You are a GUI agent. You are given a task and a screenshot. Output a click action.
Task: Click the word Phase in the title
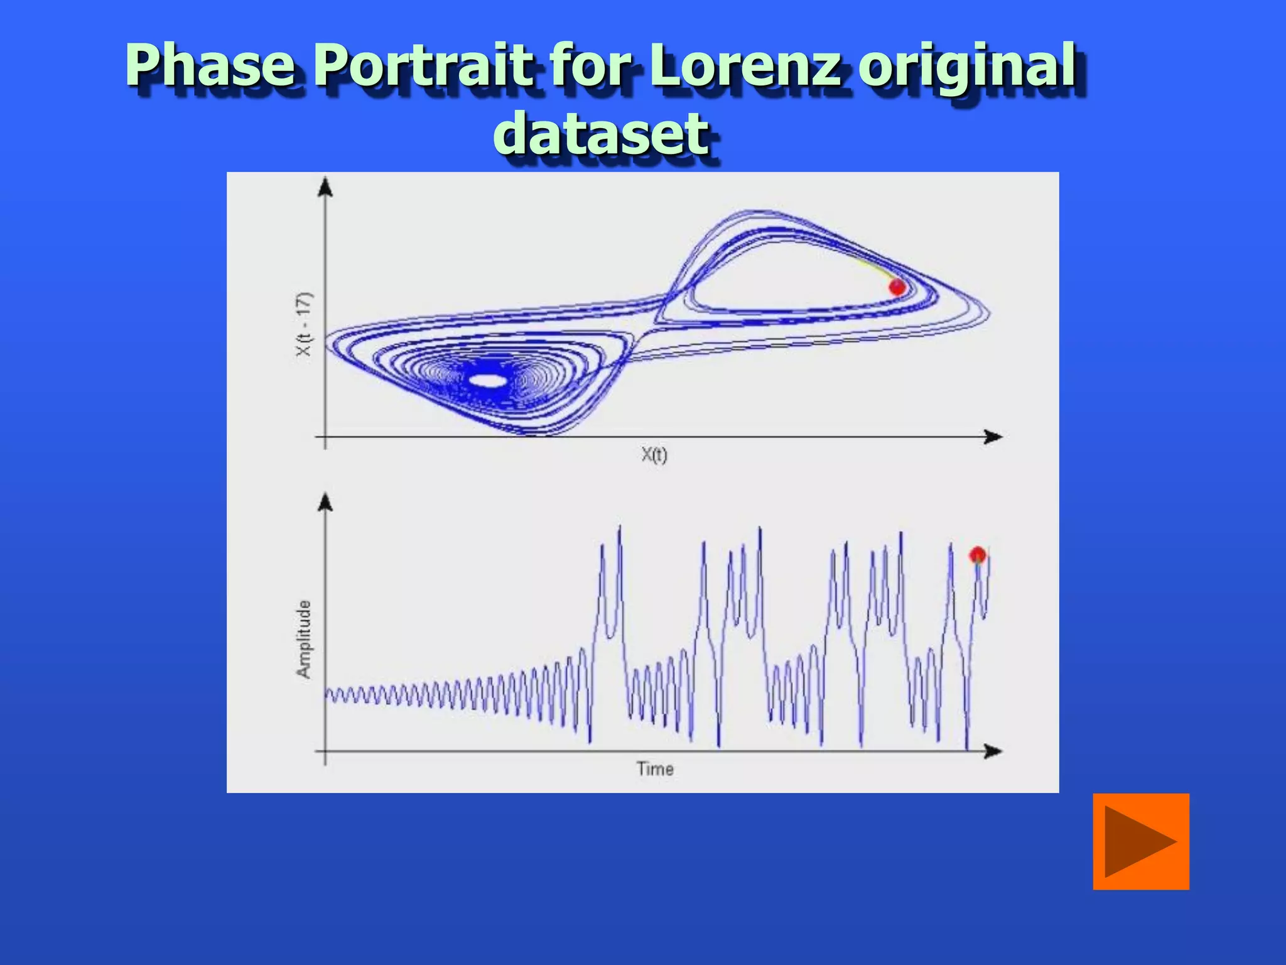pos(211,65)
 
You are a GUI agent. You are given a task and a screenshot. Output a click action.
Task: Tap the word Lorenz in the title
pos(745,65)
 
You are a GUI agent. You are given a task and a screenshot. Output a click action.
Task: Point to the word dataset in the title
pos(602,133)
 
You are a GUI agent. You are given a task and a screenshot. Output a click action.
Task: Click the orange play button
pos(1141,842)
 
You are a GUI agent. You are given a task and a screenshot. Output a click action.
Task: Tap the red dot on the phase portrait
pos(897,287)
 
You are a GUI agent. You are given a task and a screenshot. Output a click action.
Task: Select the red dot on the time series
pos(977,555)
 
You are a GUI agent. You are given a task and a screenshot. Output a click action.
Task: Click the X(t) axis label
pos(654,454)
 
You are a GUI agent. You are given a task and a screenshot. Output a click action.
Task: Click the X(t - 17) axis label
pos(303,324)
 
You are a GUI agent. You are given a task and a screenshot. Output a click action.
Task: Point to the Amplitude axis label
pos(303,639)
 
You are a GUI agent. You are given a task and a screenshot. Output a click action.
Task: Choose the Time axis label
pos(655,769)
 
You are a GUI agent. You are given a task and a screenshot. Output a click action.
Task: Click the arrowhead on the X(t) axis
pos(993,437)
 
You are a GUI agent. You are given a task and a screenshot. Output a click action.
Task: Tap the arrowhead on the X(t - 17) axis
pos(325,187)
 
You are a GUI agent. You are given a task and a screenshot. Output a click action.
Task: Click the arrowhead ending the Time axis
pos(993,751)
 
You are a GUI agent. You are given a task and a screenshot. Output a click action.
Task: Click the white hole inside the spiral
pos(487,381)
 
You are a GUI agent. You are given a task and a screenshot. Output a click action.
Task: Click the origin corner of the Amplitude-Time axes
pos(325,751)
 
